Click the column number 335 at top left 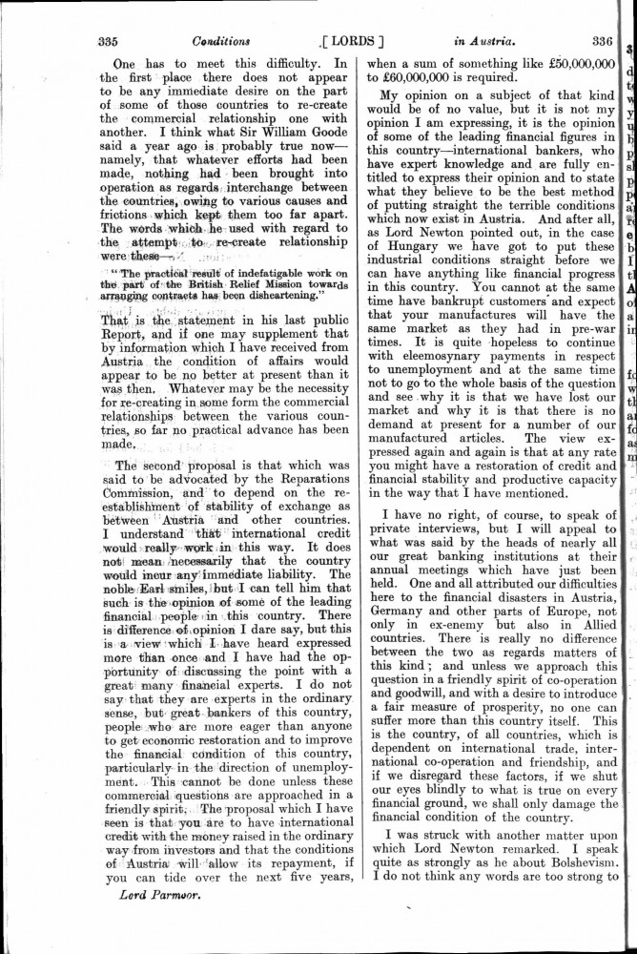107,41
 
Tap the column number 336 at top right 601,41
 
